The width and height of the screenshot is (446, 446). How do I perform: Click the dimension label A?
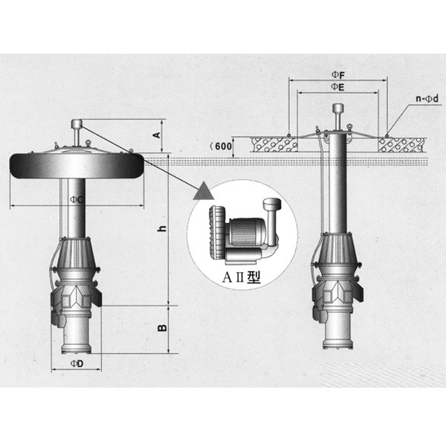(x=158, y=135)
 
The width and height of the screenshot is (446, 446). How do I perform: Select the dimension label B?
(x=162, y=328)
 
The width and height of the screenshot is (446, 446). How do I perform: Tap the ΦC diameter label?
(x=77, y=200)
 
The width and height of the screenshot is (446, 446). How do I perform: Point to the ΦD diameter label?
(x=77, y=363)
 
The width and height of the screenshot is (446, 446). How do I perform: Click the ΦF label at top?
(x=337, y=75)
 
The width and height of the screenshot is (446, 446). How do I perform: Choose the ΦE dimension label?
(x=337, y=87)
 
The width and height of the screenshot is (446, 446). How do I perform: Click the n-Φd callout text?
(x=427, y=99)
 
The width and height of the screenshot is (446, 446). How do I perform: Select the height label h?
(x=162, y=228)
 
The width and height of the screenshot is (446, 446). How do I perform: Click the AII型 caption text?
(x=241, y=277)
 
